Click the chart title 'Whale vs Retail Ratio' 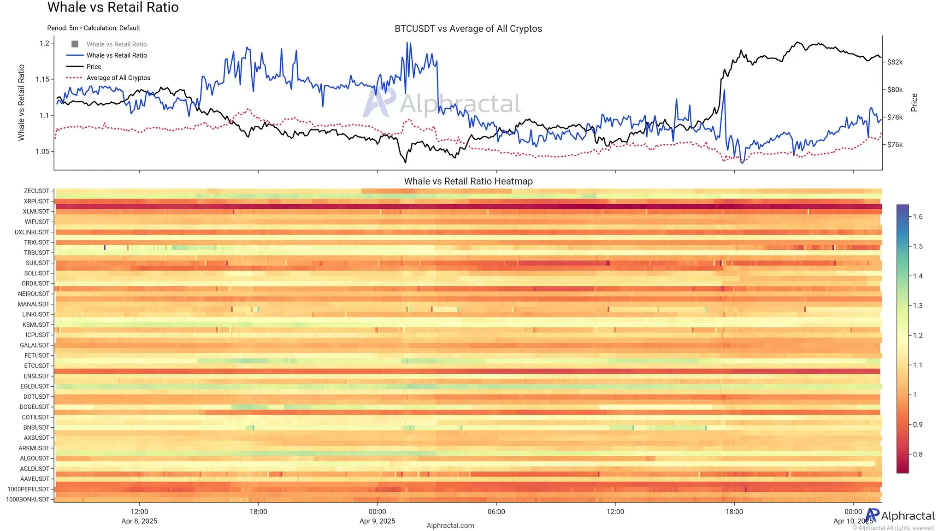[x=113, y=7]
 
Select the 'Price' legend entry [x=94, y=67]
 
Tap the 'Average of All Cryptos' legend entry [x=118, y=78]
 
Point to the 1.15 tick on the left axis [x=42, y=79]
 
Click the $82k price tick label [x=895, y=62]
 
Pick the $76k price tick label [x=895, y=145]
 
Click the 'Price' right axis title [x=914, y=102]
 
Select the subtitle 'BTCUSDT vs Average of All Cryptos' [x=468, y=29]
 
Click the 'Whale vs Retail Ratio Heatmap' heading [x=468, y=182]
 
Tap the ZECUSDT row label [x=36, y=191]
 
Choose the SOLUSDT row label [x=36, y=273]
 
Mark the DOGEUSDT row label [x=34, y=407]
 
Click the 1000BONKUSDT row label [x=28, y=500]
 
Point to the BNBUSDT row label [x=36, y=428]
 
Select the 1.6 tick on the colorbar [x=918, y=217]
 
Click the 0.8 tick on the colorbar [x=918, y=454]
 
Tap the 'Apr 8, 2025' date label [x=139, y=521]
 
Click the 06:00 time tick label [x=496, y=512]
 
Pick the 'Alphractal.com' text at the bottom [x=450, y=525]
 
